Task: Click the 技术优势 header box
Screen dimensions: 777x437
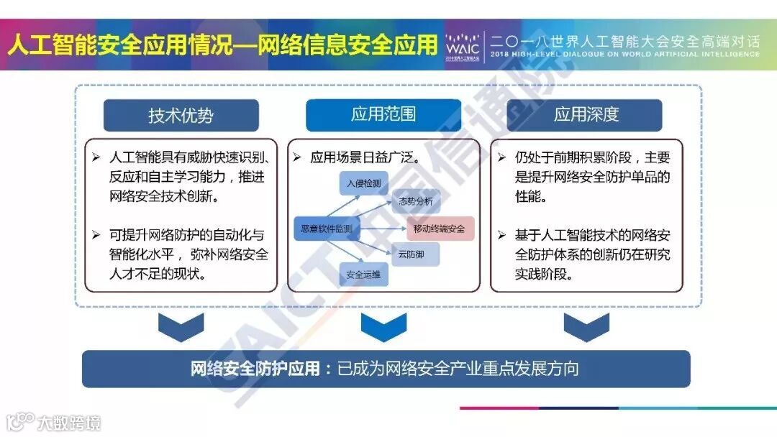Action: point(181,115)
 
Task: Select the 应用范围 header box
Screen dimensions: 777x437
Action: point(383,114)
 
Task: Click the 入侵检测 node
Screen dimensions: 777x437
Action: point(363,183)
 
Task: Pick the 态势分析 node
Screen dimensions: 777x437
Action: point(415,201)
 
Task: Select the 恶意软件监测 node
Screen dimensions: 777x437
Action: point(327,229)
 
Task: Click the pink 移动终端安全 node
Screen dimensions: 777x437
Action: point(440,229)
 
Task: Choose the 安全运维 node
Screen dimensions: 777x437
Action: point(363,275)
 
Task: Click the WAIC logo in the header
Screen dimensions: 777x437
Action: point(462,44)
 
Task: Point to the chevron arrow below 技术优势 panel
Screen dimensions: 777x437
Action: point(181,327)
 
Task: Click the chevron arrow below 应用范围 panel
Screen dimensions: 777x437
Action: point(383,327)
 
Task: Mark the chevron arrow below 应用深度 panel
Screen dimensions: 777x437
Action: point(586,327)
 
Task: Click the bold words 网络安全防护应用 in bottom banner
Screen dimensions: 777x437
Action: point(255,369)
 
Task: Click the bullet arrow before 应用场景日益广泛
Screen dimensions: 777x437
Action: point(297,157)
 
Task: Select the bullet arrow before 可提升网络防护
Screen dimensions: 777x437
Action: point(96,234)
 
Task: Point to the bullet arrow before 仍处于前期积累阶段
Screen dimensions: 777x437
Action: point(501,157)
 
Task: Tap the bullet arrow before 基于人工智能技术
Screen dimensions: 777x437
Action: point(501,234)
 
